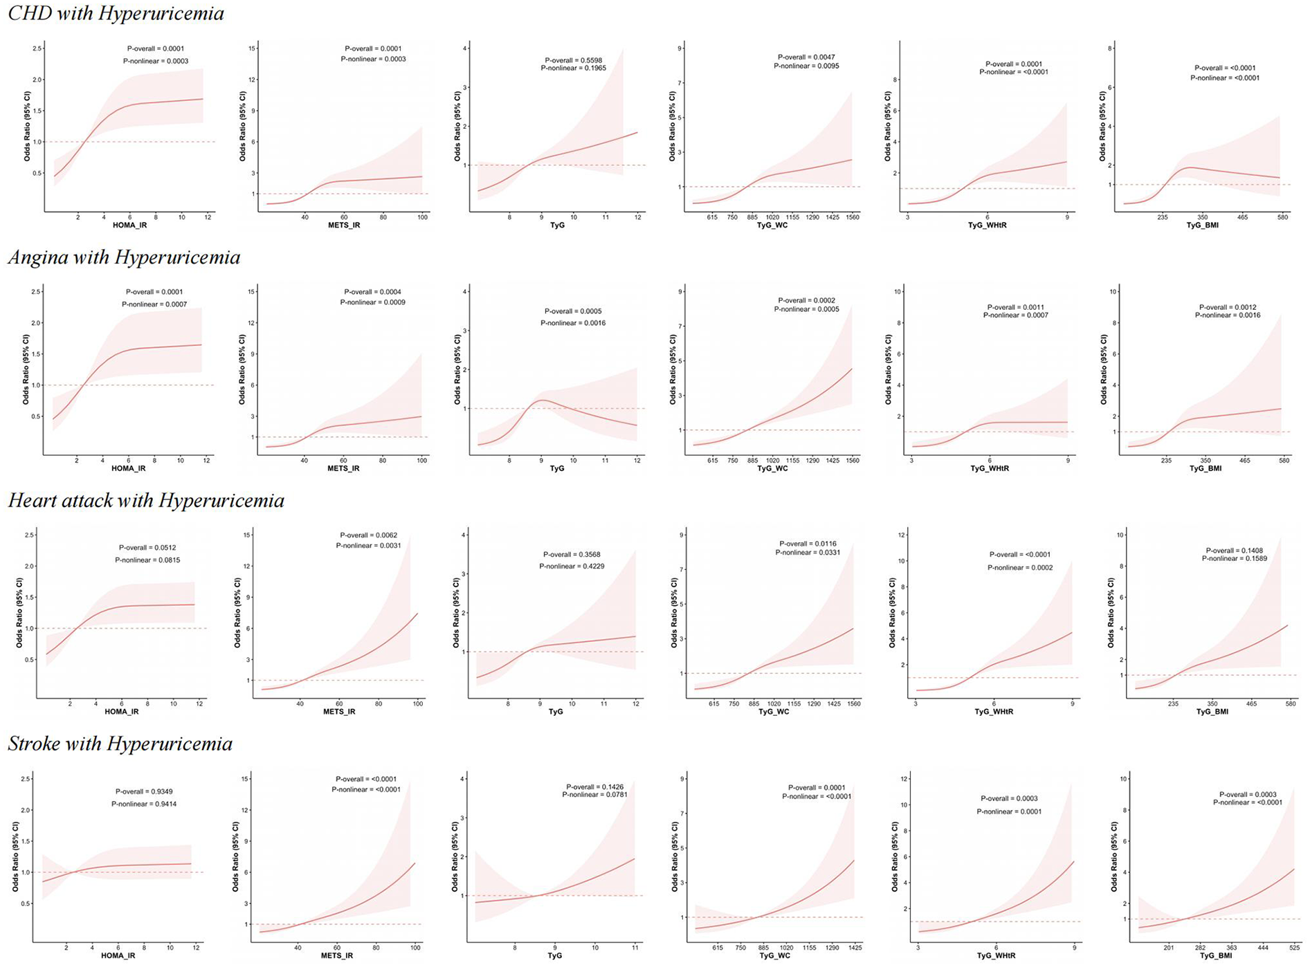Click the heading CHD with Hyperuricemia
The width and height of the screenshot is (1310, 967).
(116, 14)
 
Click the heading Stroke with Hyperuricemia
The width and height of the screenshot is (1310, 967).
(120, 744)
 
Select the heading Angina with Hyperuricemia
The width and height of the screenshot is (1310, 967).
(124, 257)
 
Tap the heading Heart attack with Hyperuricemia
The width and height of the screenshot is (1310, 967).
(146, 500)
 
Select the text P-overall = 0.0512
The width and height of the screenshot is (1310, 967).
(147, 548)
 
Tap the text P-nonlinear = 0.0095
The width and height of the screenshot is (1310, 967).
(806, 66)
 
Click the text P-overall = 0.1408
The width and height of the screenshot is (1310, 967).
(1234, 551)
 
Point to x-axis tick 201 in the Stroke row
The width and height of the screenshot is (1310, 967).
(1169, 948)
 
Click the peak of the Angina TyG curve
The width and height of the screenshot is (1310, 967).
(543, 400)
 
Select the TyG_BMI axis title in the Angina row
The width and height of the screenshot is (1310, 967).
(1205, 468)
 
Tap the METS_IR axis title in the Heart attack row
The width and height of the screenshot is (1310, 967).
(338, 711)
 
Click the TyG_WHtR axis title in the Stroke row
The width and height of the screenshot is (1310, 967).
(996, 955)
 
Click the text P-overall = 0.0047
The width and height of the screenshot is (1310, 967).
(806, 57)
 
